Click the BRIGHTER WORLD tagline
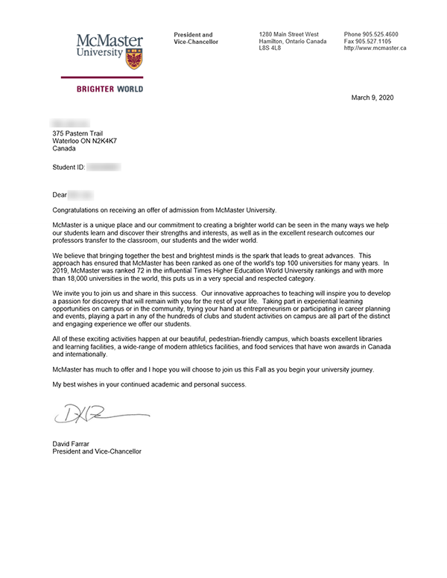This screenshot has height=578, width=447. pyautogui.click(x=110, y=89)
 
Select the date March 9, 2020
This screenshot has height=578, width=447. pyautogui.click(x=372, y=98)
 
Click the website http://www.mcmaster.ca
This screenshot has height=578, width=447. pyautogui.click(x=375, y=48)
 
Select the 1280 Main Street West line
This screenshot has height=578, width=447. pyautogui.click(x=289, y=35)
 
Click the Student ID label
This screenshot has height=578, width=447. pyautogui.click(x=68, y=168)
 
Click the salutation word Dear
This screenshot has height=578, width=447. pyautogui.click(x=60, y=194)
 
